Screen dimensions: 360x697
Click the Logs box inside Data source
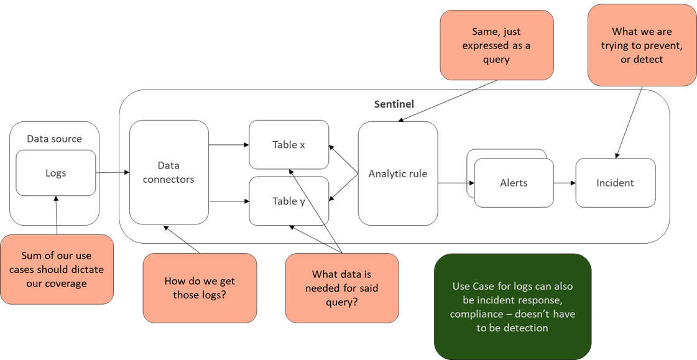[x=55, y=173]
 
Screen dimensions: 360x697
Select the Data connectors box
[x=168, y=172]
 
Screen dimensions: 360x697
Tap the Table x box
[x=288, y=145]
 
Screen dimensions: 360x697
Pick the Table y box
[x=288, y=201]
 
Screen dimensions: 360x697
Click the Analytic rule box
[x=397, y=173]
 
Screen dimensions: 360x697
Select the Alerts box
[x=514, y=183]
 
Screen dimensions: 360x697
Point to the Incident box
[x=615, y=183]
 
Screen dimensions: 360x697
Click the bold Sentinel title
[x=394, y=104]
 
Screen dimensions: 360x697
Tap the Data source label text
[x=54, y=139]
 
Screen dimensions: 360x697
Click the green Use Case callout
[x=512, y=307]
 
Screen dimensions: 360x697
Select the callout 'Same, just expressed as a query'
[x=496, y=45]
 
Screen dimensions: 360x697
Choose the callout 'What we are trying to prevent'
[x=642, y=45]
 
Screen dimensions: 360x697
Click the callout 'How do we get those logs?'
[x=200, y=287]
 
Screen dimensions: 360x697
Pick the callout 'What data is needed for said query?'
[x=342, y=287]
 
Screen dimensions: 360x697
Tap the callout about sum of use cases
[x=57, y=269]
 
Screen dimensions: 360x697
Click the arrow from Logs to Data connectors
[x=113, y=172]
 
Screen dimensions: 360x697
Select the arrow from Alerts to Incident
[x=565, y=183]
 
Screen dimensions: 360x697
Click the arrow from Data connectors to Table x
[x=229, y=145]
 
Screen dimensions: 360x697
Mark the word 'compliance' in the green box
[x=476, y=314]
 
